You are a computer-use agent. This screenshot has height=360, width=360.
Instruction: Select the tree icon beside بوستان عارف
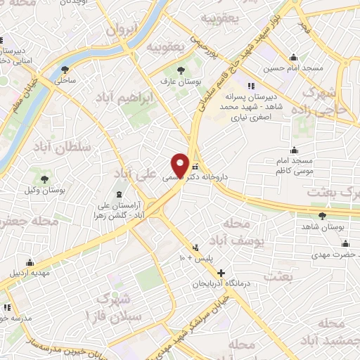click(x=181, y=70)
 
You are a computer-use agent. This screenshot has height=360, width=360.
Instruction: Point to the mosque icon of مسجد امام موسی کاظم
click(x=294, y=150)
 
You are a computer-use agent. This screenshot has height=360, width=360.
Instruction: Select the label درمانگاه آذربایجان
click(x=221, y=285)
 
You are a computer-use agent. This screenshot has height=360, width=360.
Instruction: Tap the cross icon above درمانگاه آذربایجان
click(x=221, y=273)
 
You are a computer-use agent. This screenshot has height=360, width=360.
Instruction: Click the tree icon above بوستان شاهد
click(x=322, y=216)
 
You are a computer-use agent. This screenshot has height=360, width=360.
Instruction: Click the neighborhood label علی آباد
click(x=131, y=173)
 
